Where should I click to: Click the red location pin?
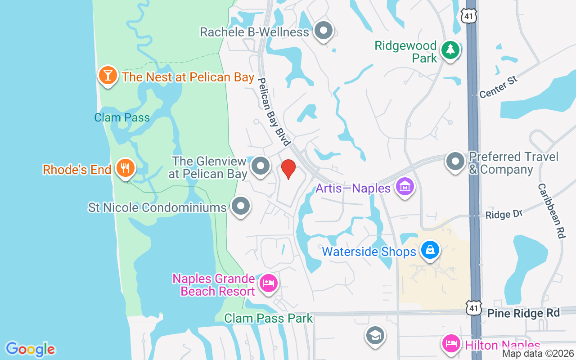[x=288, y=169]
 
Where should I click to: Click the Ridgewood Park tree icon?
[x=450, y=50]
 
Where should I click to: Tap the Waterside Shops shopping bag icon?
[x=430, y=250]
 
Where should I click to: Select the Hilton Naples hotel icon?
[x=451, y=344]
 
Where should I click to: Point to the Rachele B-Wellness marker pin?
[x=323, y=31]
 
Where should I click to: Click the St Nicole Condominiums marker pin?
[x=241, y=206]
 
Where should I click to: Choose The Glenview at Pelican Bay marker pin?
[x=260, y=166]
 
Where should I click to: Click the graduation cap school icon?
[x=374, y=335]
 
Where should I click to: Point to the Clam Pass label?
[x=122, y=118]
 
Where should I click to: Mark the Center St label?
[x=499, y=87]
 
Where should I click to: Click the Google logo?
[x=30, y=349]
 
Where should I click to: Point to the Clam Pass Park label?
[x=269, y=319]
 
